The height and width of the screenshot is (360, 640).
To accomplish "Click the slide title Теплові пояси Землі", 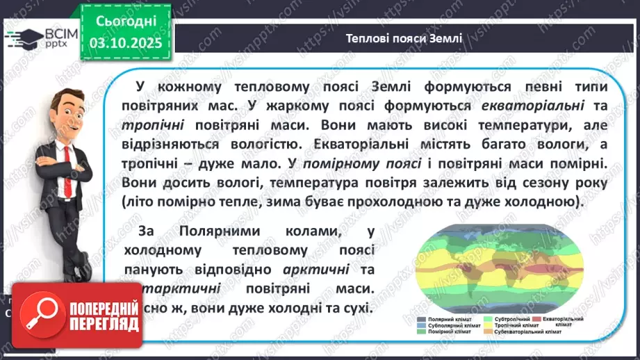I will pyautogui.click(x=403, y=38).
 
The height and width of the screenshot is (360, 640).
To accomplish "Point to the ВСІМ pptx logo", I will pyautogui.click(x=35, y=40).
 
